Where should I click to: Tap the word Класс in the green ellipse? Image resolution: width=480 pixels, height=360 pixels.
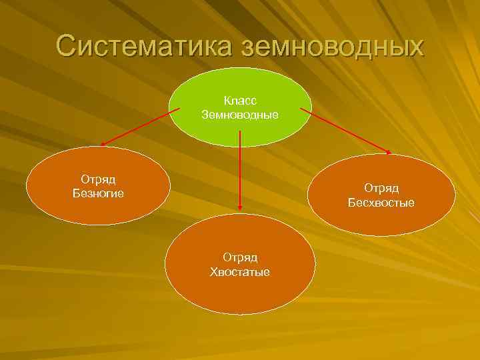(x=240, y=100)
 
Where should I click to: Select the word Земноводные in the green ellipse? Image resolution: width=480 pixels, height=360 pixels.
(x=240, y=115)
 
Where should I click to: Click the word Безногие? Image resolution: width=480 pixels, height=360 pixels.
(x=98, y=193)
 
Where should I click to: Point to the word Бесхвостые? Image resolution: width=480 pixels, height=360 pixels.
(x=381, y=203)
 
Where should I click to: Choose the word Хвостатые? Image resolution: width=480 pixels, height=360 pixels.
(x=240, y=271)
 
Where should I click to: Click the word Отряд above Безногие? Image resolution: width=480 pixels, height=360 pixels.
(x=98, y=179)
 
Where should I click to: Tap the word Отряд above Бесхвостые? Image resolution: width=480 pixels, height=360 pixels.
(x=381, y=189)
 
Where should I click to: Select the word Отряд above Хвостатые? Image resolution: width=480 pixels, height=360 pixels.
(x=240, y=257)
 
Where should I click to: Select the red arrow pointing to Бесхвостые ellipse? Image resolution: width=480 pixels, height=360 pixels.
(x=345, y=131)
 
